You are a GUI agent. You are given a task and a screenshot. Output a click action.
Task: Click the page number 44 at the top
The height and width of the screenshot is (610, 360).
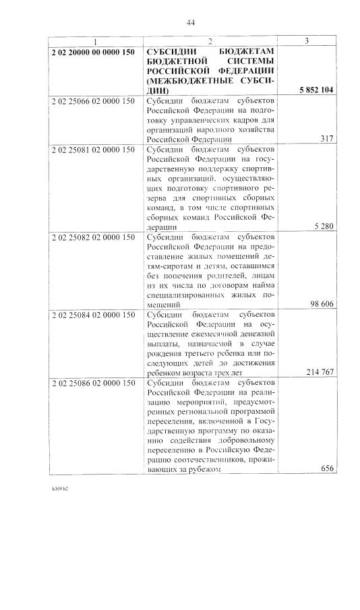click(190, 23)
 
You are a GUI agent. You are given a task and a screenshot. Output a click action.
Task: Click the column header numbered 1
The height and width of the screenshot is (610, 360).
click(95, 42)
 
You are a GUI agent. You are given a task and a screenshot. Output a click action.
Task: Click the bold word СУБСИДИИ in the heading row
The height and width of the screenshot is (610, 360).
click(169, 51)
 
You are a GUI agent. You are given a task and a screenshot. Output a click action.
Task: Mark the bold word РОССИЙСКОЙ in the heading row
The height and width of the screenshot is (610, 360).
click(175, 70)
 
